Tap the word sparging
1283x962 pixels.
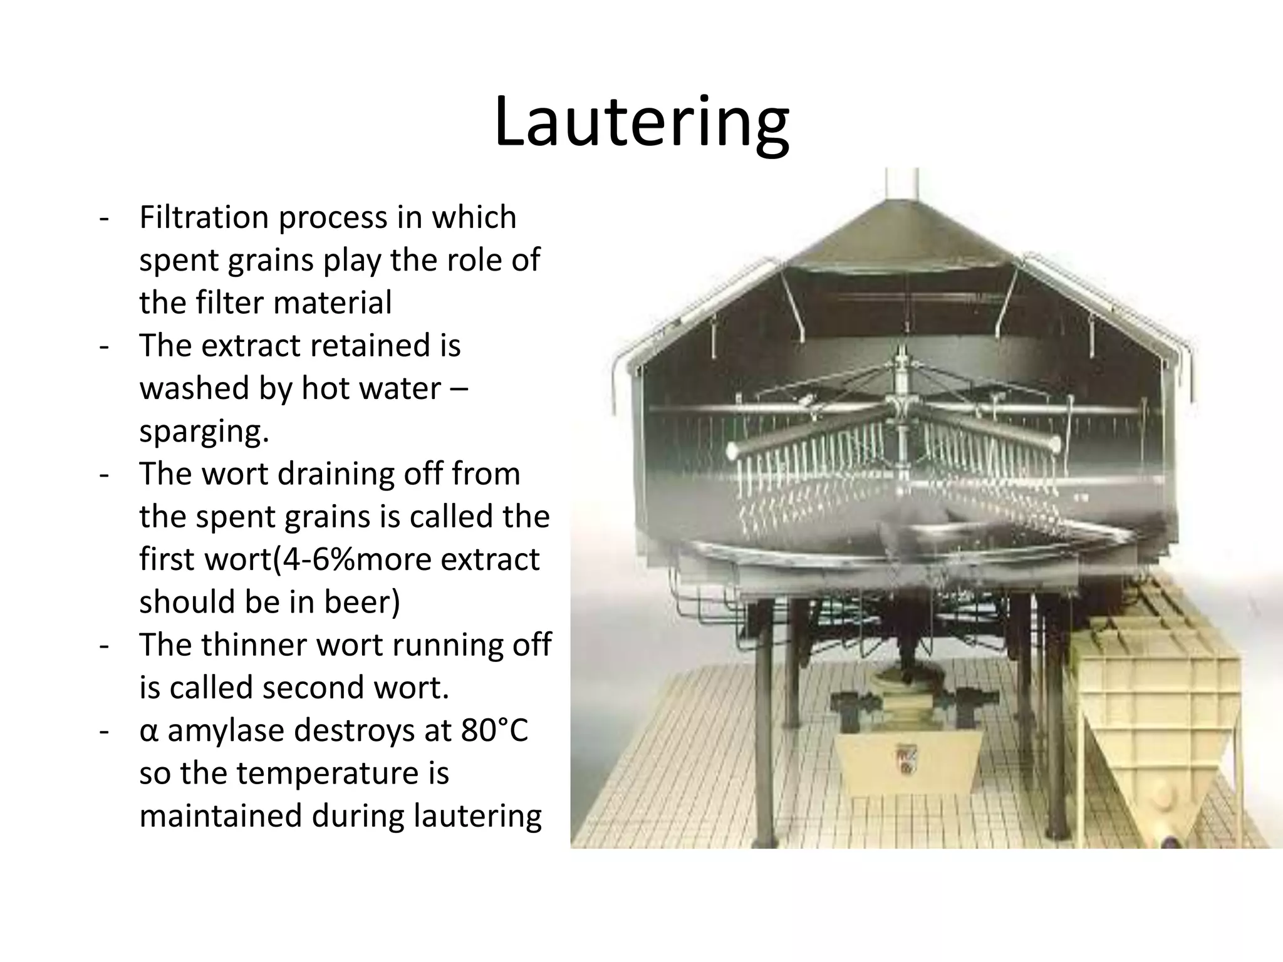click(x=204, y=432)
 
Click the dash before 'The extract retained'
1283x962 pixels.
click(x=103, y=346)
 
